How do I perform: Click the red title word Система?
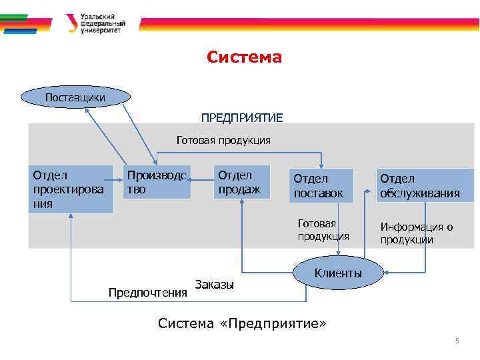(244, 57)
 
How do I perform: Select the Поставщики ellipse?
(75, 97)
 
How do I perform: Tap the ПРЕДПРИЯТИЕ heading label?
(242, 118)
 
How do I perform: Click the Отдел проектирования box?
(70, 189)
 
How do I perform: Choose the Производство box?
(158, 182)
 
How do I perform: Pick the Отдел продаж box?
(241, 182)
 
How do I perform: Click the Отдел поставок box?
(323, 186)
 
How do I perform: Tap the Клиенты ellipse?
(338, 273)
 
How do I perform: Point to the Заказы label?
(215, 285)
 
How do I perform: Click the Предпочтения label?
(147, 292)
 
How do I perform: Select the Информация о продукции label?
(417, 233)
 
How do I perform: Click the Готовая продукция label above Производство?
(223, 140)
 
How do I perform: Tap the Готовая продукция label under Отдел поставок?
(323, 230)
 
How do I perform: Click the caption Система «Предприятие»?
(242, 323)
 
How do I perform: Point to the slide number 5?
(457, 341)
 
